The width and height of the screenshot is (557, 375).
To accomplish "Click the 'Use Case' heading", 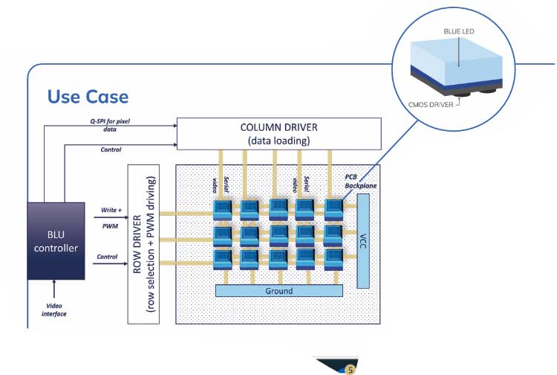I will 88,97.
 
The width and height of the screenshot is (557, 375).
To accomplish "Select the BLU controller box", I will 55,240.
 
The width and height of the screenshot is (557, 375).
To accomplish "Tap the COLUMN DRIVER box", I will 278,133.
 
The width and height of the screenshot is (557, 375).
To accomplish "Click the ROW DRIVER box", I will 145,245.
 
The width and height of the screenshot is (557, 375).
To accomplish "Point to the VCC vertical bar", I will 362,240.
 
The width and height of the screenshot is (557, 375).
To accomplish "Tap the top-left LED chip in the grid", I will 224,208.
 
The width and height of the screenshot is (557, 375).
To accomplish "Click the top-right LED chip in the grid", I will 334,208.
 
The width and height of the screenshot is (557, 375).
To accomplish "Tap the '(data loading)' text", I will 278,141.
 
